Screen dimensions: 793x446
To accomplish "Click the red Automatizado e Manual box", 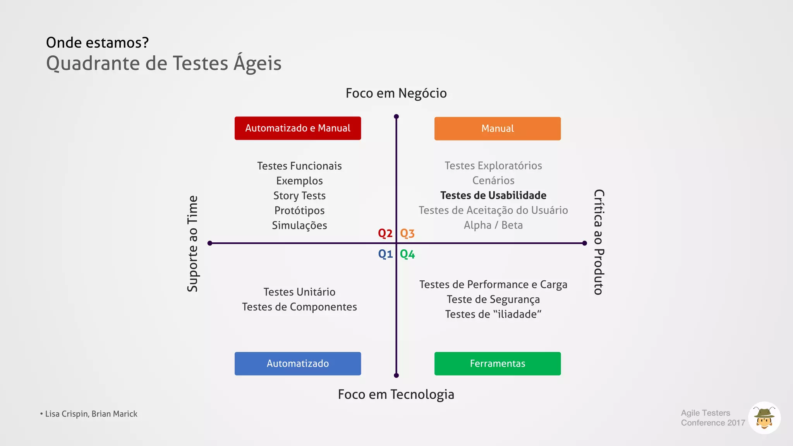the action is point(297,128).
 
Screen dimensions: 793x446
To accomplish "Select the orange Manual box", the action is point(497,129).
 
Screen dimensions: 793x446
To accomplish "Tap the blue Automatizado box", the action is point(297,364).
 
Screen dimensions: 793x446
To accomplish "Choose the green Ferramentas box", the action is point(497,364).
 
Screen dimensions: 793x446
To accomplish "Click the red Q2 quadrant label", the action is point(385,233).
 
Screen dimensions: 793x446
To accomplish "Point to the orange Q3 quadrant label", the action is point(407,233).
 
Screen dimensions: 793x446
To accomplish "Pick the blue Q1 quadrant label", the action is point(385,254).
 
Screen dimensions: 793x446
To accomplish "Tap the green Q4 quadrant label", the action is point(407,254).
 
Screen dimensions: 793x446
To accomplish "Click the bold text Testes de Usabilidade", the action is point(493,196).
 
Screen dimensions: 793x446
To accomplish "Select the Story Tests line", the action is point(299,196).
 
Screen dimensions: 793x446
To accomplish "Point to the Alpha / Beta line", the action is point(493,225).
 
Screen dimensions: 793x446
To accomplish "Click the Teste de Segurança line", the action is point(493,300).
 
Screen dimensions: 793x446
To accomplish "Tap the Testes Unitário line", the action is point(299,292).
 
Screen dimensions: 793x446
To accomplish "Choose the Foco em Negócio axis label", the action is point(396,93).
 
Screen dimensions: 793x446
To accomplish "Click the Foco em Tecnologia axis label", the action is point(396,395).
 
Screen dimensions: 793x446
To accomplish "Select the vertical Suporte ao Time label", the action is point(192,244).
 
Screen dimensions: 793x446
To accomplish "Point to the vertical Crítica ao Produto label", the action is point(599,242).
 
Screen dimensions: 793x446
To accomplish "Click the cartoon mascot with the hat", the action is point(764,418).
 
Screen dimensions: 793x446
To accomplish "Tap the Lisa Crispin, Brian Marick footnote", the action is point(91,414).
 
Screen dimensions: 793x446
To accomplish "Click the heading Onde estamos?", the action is point(97,43).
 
